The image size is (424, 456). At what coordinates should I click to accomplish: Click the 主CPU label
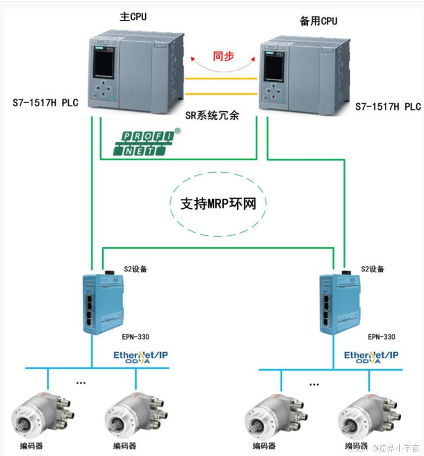[x=133, y=16]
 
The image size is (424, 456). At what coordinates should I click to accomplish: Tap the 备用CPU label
[x=318, y=21]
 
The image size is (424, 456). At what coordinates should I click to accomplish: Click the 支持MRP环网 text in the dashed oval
[x=218, y=203]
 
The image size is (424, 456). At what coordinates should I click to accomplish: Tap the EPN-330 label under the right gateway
[x=382, y=337]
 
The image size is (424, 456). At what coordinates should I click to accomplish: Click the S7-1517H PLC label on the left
[x=45, y=103]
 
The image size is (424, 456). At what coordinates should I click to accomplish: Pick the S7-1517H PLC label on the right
[x=388, y=107]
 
